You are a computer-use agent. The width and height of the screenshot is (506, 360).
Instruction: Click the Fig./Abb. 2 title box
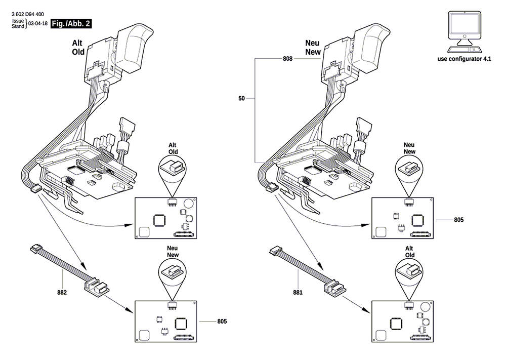point(71,24)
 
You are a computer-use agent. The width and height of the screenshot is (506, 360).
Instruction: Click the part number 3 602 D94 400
point(28,14)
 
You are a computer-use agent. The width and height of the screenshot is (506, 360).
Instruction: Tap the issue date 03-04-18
point(38,24)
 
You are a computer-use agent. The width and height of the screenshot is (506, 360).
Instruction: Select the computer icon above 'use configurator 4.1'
point(465,32)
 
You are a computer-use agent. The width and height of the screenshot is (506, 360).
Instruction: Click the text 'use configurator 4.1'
point(465,59)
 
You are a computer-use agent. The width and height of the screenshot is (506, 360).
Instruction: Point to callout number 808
point(287,59)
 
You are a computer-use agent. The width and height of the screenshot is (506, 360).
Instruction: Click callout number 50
point(241,98)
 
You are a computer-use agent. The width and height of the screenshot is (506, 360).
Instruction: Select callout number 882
point(62,293)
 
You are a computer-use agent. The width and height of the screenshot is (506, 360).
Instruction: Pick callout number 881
point(298,293)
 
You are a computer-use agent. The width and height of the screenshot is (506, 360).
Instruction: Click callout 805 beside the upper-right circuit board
point(458,220)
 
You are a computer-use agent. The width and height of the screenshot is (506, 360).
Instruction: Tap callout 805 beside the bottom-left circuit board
point(222,322)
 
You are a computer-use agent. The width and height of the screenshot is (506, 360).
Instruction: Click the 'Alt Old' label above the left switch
point(78,48)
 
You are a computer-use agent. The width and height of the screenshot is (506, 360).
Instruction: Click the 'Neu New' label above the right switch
point(313,48)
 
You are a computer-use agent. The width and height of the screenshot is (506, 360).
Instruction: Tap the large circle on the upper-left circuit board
point(188,204)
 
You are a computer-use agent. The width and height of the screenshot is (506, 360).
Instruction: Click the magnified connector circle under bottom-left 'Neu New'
point(173,270)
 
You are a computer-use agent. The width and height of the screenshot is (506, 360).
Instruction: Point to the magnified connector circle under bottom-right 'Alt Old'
point(409,270)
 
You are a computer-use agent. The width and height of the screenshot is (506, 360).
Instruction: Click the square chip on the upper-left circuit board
point(159,220)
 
